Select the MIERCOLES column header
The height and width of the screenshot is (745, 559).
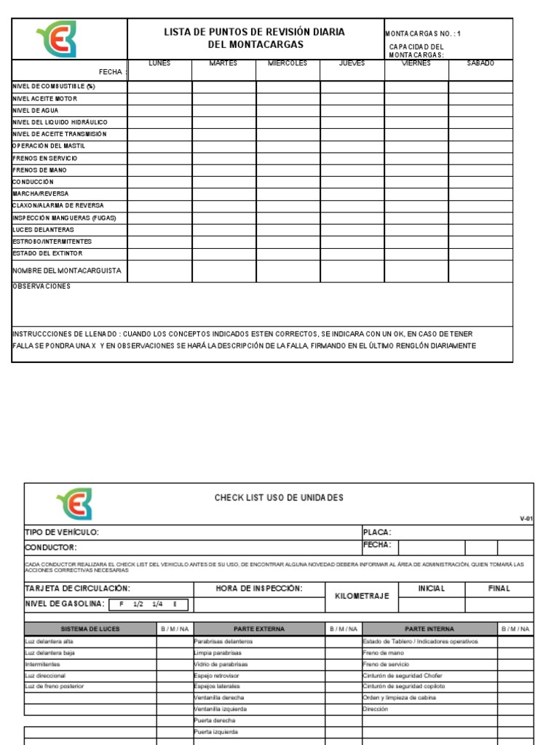pyautogui.click(x=288, y=63)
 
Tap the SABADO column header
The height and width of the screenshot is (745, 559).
pyautogui.click(x=480, y=63)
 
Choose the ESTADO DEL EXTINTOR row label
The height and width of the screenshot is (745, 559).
pyautogui.click(x=47, y=253)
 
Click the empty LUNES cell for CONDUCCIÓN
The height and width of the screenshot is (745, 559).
pyautogui.click(x=159, y=182)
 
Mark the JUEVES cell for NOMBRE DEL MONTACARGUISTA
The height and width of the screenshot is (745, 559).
pyautogui.click(x=352, y=271)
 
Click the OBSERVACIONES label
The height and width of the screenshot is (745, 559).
pyautogui.click(x=41, y=287)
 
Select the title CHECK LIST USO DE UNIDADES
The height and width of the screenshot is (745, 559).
pyautogui.click(x=279, y=498)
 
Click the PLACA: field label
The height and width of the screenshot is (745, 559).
pyautogui.click(x=377, y=533)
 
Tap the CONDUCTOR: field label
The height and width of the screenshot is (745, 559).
pyautogui.click(x=51, y=547)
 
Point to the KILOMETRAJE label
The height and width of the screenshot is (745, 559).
pyautogui.click(x=362, y=596)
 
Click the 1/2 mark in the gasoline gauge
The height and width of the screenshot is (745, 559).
pyautogui.click(x=138, y=605)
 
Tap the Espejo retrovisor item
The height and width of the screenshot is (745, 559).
pyautogui.click(x=217, y=675)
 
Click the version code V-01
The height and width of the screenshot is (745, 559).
pyautogui.click(x=526, y=519)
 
